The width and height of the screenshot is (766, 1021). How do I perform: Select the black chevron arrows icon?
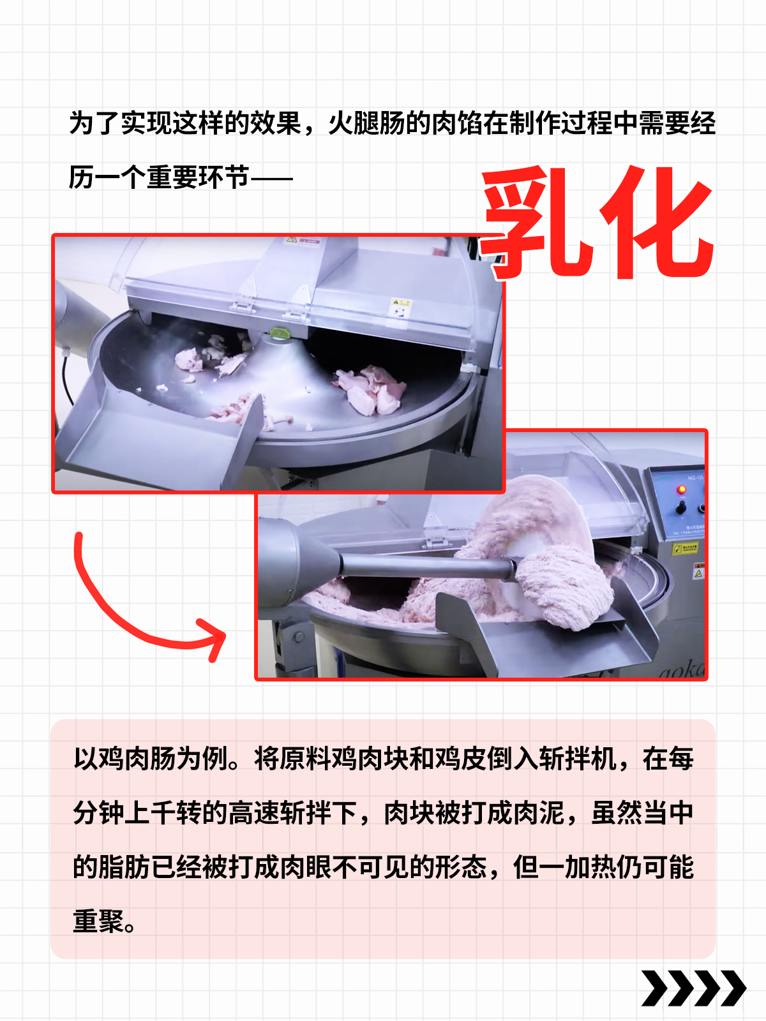693,988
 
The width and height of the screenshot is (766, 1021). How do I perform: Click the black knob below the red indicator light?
681,507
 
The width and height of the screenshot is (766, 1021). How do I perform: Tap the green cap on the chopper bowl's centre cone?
278,332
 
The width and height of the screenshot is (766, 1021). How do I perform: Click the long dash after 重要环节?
271,178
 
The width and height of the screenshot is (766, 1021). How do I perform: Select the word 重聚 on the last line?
98,921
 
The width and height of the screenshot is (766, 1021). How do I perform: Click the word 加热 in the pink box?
590,867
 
